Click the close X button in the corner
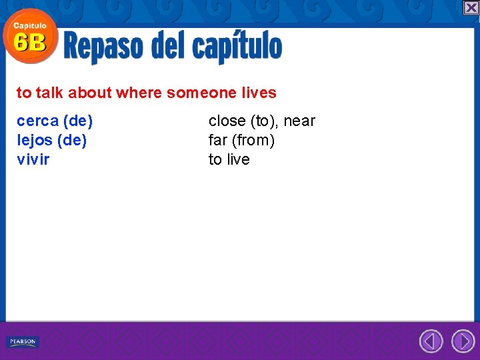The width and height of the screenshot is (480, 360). click(x=471, y=7)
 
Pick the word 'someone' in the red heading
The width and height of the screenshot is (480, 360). click(x=197, y=93)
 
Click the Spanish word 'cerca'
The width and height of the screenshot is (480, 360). click(x=37, y=121)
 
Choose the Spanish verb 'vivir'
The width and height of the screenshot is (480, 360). click(x=33, y=160)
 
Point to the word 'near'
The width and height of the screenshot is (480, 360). click(x=299, y=121)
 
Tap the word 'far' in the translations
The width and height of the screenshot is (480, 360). click(x=218, y=141)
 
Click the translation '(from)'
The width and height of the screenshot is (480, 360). click(x=253, y=141)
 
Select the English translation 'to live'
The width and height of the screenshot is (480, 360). click(x=229, y=160)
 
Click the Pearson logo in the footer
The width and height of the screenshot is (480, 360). click(x=23, y=342)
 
